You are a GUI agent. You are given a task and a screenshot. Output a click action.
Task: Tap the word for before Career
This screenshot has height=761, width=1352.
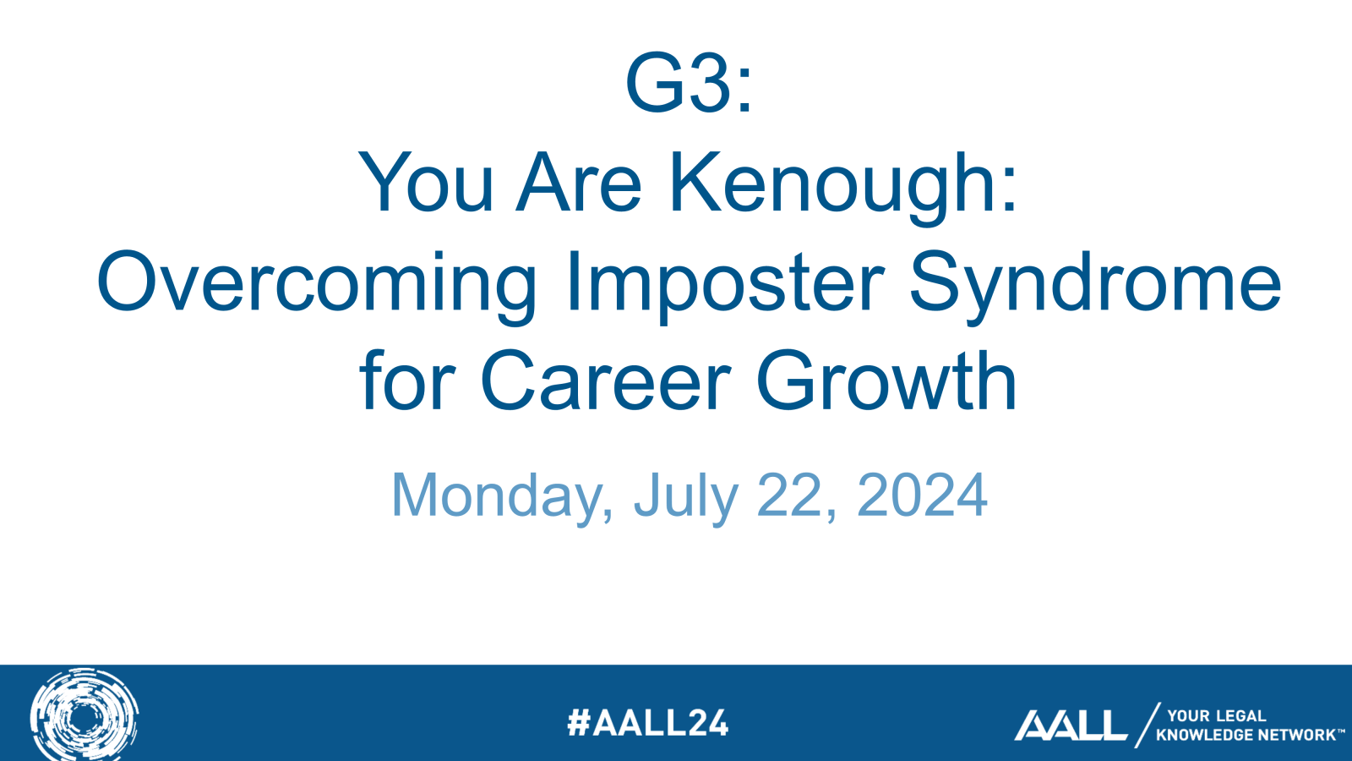click(x=406, y=380)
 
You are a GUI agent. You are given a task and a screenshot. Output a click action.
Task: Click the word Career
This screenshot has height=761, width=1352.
click(x=605, y=380)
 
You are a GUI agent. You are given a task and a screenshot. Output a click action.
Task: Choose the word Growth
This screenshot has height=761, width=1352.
click(x=886, y=380)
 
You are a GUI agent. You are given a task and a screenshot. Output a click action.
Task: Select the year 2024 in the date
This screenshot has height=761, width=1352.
click(x=922, y=495)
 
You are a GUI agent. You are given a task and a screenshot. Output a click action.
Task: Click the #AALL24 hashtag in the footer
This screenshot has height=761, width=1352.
click(x=647, y=723)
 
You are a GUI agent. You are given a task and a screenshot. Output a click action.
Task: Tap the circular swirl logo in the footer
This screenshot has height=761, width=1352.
click(x=84, y=715)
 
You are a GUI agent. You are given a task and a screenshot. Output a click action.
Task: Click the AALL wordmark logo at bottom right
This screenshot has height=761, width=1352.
click(x=1070, y=725)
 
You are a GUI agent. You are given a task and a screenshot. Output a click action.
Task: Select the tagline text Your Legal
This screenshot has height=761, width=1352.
click(x=1216, y=716)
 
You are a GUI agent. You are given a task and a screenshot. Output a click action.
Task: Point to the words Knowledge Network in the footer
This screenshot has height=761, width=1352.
click(x=1246, y=735)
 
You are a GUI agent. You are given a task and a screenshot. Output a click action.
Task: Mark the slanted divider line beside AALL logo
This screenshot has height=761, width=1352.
click(x=1148, y=725)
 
